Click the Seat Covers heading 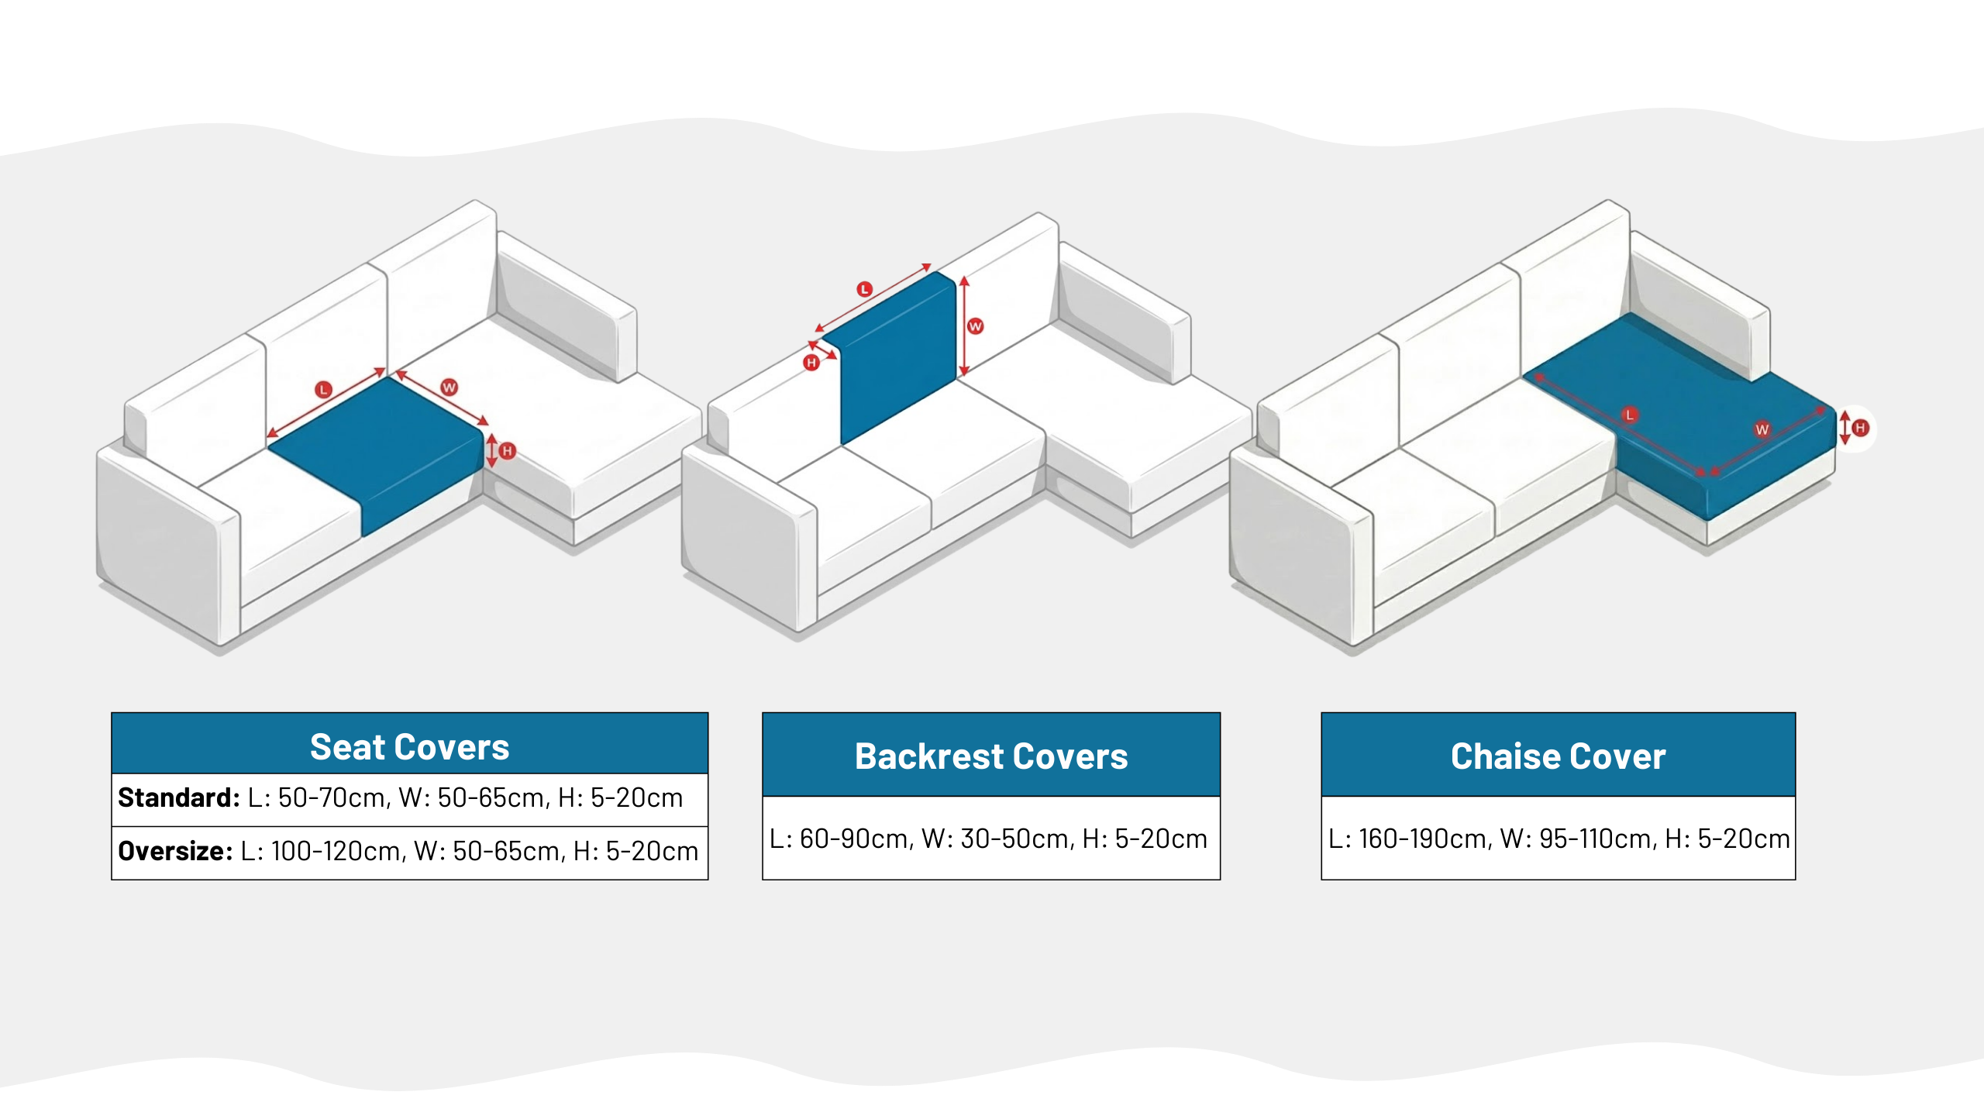tap(409, 747)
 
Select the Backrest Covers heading tap(990, 756)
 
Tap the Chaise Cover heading tap(1558, 756)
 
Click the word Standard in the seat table tap(179, 797)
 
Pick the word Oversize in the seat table tap(175, 851)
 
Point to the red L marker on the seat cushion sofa tap(323, 389)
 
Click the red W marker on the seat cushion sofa tap(449, 387)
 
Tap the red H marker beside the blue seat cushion tap(508, 450)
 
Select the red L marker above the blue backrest tap(865, 290)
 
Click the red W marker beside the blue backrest tap(975, 326)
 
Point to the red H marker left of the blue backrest tap(811, 362)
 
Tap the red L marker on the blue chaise tap(1630, 415)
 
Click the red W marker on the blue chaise tap(1762, 429)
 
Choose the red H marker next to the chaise tap(1860, 428)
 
